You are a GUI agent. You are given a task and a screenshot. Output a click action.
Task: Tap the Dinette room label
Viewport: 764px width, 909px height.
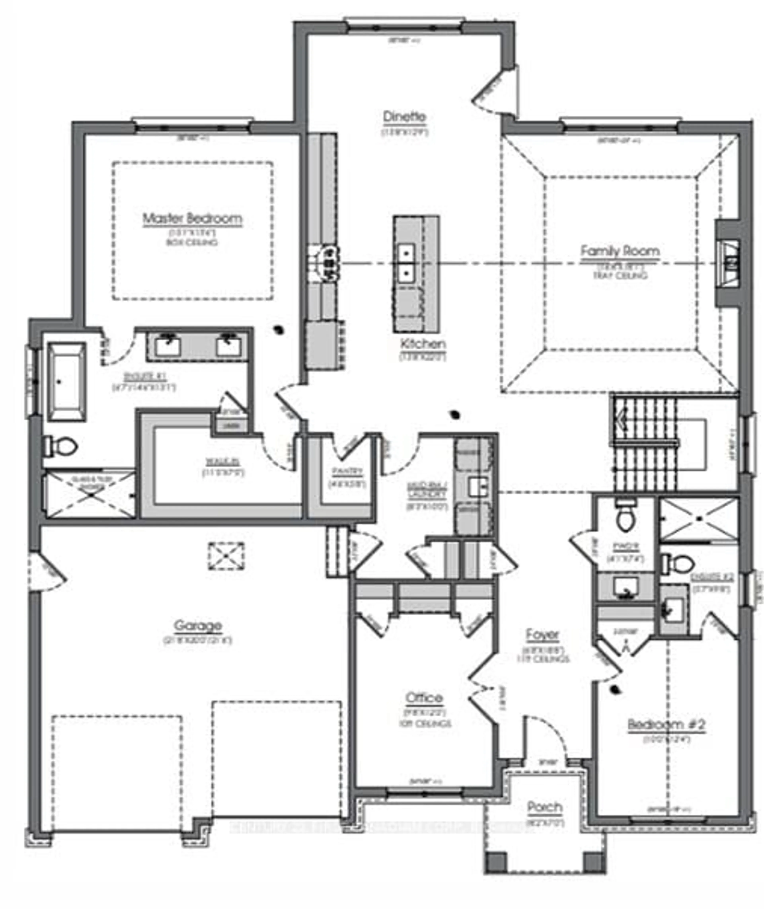click(404, 117)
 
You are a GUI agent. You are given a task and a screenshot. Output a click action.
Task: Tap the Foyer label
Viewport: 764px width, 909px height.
click(542, 634)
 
